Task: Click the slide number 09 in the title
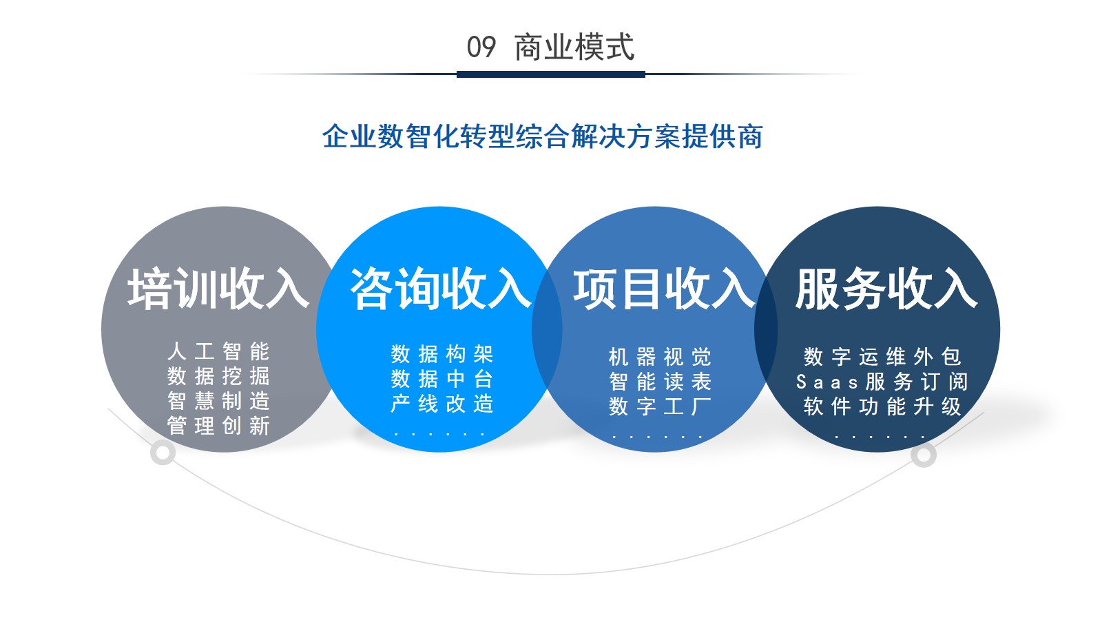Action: tap(481, 48)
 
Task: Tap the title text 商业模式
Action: tap(574, 48)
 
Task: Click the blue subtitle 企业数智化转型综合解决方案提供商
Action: tap(543, 136)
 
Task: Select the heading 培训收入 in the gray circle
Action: tap(218, 289)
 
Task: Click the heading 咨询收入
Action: tap(441, 289)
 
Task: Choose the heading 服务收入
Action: tap(886, 289)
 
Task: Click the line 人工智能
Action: tap(218, 351)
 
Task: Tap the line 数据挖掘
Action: tap(218, 376)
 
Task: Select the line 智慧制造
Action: tap(218, 401)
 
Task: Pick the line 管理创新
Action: tap(218, 426)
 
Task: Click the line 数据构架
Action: tap(441, 354)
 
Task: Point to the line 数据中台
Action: tap(441, 379)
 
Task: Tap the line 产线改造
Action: tap(441, 404)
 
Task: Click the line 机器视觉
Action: tap(661, 357)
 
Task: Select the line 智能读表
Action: tap(661, 382)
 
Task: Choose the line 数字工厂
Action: tap(661, 406)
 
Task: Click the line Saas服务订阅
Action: tap(882, 382)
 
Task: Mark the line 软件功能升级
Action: tap(882, 406)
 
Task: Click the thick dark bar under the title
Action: tap(551, 74)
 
